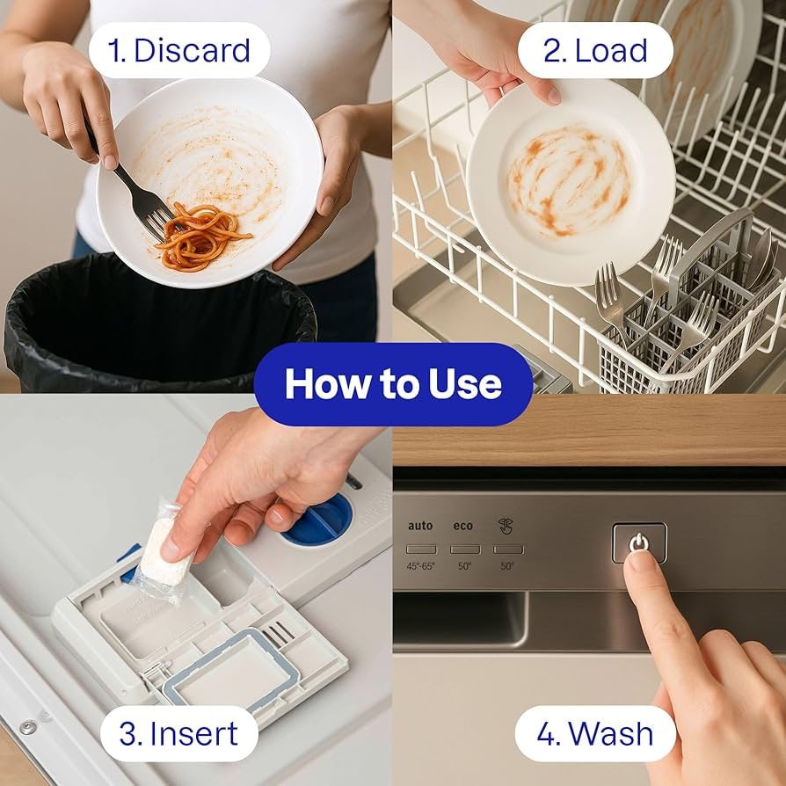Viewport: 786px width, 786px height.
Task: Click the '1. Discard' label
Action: tap(179, 50)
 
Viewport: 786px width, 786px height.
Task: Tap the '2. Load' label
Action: tap(595, 50)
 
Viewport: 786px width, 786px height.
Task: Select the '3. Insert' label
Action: tap(178, 733)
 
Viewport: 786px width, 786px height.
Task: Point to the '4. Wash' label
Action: tap(595, 733)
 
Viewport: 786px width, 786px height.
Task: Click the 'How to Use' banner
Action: tap(393, 384)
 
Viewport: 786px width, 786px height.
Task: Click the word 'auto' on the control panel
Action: tap(420, 526)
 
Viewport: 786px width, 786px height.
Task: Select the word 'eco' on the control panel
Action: tap(463, 526)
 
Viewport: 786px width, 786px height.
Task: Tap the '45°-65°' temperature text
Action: tap(421, 566)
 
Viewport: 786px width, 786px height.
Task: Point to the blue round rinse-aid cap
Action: tap(319, 520)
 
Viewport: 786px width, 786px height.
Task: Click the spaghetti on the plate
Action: tap(200, 236)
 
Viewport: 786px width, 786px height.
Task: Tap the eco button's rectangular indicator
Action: tap(464, 549)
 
